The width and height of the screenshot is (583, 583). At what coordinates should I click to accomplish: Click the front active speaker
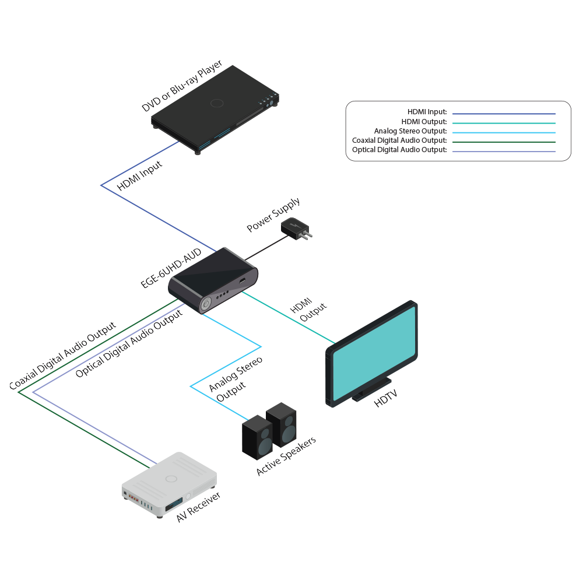click(x=257, y=438)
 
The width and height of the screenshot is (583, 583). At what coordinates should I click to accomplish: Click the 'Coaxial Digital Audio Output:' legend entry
click(x=399, y=141)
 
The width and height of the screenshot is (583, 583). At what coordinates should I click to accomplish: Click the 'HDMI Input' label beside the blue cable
click(x=140, y=175)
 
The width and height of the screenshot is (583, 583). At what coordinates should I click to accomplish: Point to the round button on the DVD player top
click(x=217, y=103)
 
